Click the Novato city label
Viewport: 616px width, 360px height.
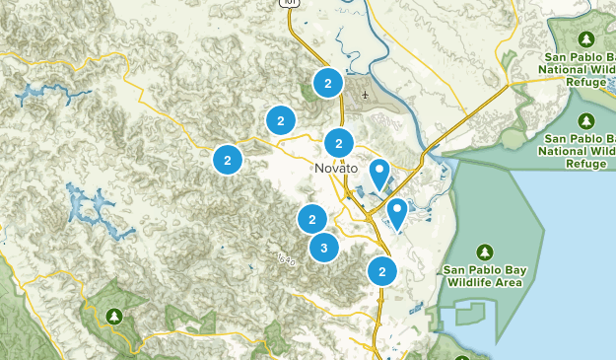click(336, 168)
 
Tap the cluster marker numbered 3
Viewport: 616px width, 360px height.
click(324, 248)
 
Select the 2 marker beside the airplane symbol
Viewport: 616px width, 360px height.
click(327, 84)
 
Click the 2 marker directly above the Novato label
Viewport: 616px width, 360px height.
click(339, 142)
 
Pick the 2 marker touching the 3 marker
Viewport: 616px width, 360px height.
click(311, 219)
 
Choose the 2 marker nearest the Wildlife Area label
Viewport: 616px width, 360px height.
click(381, 270)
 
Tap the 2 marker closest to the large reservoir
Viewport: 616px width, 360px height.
click(228, 158)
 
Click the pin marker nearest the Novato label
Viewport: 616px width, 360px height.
click(379, 175)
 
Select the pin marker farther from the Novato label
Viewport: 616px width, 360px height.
click(397, 212)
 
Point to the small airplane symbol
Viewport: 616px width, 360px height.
click(366, 96)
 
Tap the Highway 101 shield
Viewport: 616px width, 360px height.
click(290, 3)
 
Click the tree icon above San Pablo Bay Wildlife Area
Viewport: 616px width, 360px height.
click(484, 251)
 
